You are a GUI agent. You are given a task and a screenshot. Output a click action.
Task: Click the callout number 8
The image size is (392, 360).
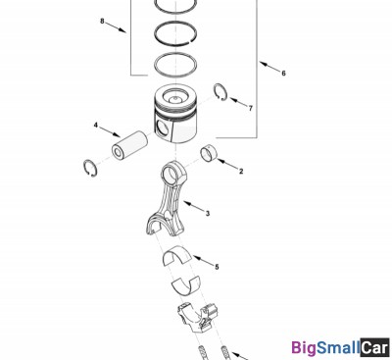click(102, 22)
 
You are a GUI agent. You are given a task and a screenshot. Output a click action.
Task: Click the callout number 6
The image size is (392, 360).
click(283, 74)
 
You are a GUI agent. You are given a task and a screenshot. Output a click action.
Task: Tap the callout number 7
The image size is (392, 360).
click(251, 108)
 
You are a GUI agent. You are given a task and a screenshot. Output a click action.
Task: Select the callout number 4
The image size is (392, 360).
click(96, 126)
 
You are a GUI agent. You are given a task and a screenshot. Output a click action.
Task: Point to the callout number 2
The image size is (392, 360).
click(241, 171)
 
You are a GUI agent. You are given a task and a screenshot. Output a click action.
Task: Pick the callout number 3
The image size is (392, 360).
click(208, 214)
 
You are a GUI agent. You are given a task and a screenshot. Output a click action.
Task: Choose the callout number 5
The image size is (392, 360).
click(217, 267)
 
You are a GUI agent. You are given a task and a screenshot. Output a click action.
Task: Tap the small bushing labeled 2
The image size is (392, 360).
click(208, 153)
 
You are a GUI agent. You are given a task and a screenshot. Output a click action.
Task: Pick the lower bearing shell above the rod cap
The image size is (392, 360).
click(185, 284)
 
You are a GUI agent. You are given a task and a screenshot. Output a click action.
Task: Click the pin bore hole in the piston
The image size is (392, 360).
click(163, 127)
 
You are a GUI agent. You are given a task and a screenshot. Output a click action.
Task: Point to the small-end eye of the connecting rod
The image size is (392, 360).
click(171, 172)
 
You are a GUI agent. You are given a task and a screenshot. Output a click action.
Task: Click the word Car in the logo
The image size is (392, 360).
click(375, 347)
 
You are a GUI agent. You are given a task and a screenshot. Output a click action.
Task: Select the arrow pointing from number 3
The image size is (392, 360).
click(193, 206)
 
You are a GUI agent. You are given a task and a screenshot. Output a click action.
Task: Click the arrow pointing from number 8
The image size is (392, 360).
click(117, 27)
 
